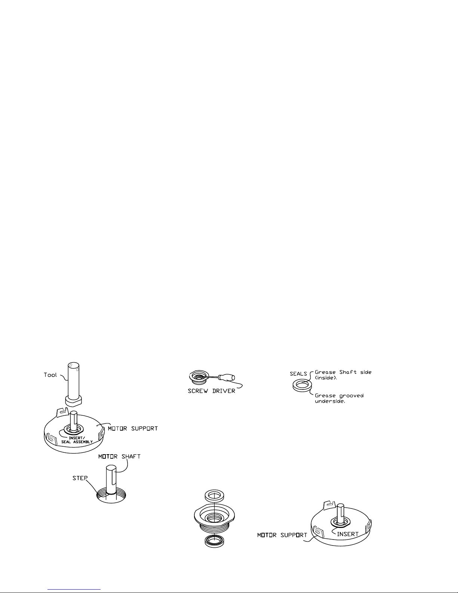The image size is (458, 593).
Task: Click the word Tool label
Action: tap(50, 375)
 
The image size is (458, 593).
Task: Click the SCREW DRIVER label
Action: tap(211, 391)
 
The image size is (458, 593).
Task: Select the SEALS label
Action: tap(298, 374)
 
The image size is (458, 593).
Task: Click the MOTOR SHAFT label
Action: tap(119, 456)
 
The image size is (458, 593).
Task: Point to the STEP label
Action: tap(80, 478)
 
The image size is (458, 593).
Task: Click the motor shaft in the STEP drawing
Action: tap(111, 479)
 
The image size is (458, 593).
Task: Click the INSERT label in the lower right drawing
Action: tap(348, 534)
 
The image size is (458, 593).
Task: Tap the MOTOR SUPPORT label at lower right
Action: tap(282, 535)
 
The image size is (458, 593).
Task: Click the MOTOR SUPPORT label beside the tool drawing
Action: tap(133, 428)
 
